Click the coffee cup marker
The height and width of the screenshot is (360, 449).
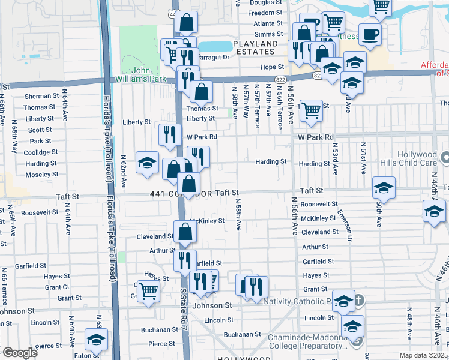tap(370, 34)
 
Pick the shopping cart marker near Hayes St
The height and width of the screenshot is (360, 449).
tap(148, 292)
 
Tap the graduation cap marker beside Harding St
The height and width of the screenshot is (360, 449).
tap(147, 163)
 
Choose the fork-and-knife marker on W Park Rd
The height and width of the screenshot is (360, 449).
tap(169, 134)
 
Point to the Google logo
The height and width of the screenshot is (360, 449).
tap(20, 353)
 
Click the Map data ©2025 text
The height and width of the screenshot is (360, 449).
tap(424, 355)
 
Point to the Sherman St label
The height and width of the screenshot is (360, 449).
tap(40, 97)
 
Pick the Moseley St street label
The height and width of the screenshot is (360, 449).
tap(42, 174)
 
